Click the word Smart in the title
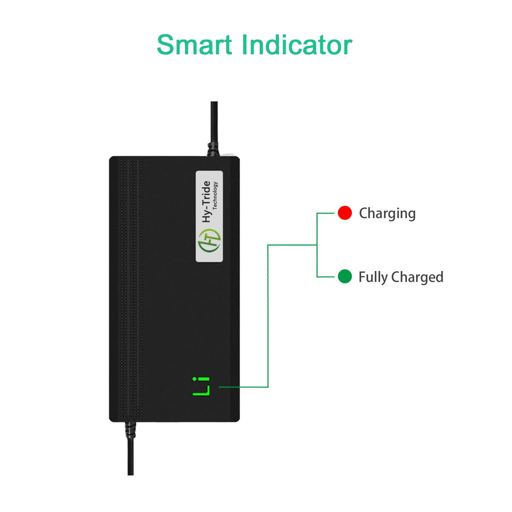click(x=194, y=45)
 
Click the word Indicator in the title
click(x=297, y=45)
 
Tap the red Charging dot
click(x=345, y=213)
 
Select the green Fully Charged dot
click(x=345, y=276)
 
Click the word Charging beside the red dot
click(x=387, y=214)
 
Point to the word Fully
click(x=373, y=277)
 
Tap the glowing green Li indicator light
click(x=201, y=387)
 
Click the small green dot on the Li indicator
click(x=194, y=379)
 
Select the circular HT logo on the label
click(x=209, y=240)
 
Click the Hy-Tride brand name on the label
click(x=206, y=201)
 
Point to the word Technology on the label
click(x=215, y=195)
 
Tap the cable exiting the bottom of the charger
click(x=130, y=457)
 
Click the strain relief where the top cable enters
click(x=213, y=150)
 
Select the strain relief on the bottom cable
click(x=130, y=430)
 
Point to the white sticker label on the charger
click(x=209, y=216)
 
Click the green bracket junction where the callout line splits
click(x=317, y=245)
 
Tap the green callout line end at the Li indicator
click(x=221, y=387)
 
